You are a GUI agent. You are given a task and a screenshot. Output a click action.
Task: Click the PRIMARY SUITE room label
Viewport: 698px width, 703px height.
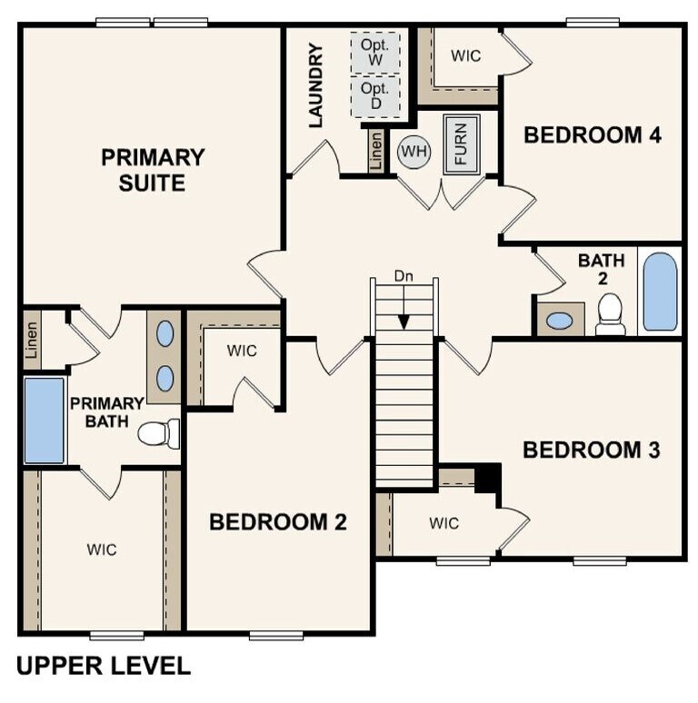click(153, 170)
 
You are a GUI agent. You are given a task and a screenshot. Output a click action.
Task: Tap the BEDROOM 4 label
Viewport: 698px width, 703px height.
click(593, 135)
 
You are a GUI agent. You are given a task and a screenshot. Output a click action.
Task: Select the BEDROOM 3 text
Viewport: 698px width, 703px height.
click(591, 450)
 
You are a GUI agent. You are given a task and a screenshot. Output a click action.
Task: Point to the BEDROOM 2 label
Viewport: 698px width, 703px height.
click(278, 522)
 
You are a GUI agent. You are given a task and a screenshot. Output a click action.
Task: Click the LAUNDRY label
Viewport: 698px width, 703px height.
click(316, 85)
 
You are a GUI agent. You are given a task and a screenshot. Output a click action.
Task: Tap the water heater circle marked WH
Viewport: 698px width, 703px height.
click(414, 151)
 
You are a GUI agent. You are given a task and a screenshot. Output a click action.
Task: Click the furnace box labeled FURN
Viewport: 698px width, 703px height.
click(460, 144)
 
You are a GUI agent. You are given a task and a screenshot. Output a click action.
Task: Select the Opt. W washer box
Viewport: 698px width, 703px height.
click(374, 52)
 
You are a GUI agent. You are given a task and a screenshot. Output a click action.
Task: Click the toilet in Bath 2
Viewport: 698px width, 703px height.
click(611, 314)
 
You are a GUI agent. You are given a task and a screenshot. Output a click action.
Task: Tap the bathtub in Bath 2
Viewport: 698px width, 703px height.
click(660, 291)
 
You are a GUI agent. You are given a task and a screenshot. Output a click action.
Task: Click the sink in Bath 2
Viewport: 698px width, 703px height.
click(560, 321)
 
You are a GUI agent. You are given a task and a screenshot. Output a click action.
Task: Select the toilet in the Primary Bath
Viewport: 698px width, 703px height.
click(158, 434)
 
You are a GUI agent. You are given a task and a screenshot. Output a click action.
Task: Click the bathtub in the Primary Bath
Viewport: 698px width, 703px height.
click(45, 421)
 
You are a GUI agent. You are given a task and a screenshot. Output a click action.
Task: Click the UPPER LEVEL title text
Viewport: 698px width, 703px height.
click(104, 666)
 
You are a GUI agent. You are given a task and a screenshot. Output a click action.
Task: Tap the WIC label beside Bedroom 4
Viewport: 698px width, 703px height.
click(466, 56)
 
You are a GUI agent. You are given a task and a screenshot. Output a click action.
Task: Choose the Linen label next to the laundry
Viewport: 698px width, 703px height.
click(375, 152)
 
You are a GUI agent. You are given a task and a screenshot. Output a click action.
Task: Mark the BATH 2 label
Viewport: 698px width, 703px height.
click(601, 270)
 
